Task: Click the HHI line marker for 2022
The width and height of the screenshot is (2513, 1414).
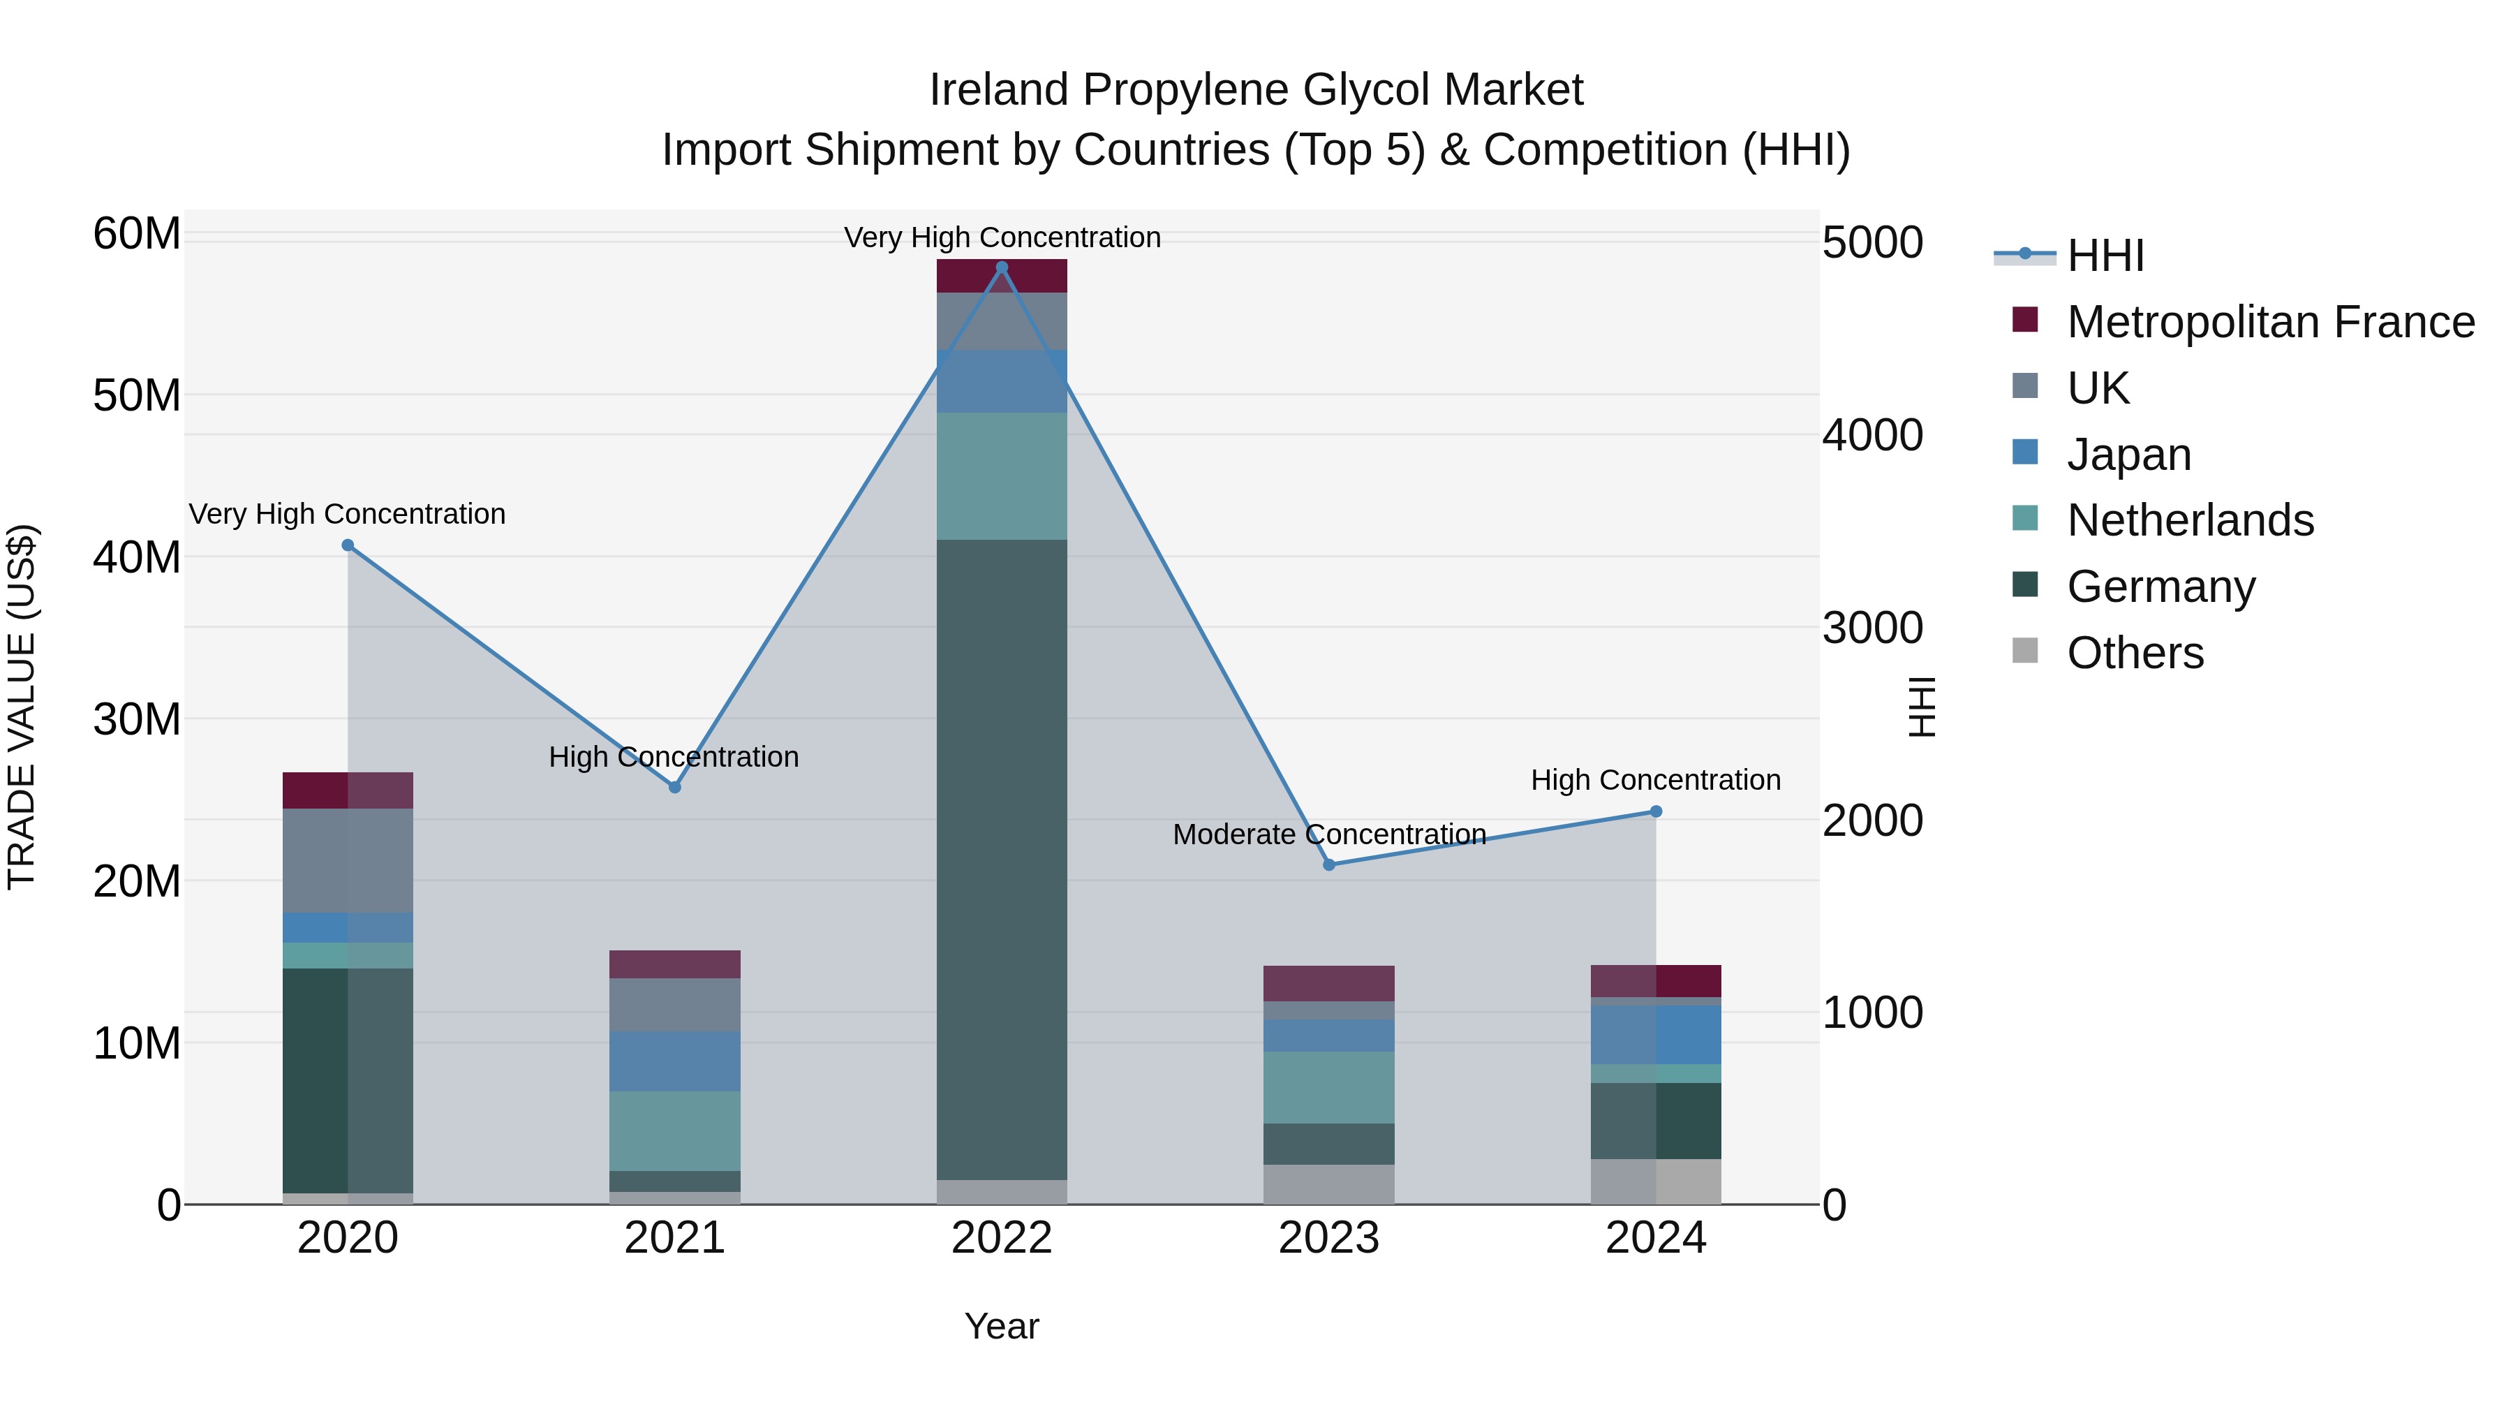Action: point(1001,267)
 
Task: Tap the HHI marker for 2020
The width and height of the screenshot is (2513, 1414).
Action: point(348,545)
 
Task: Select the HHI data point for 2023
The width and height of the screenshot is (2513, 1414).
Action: point(1328,864)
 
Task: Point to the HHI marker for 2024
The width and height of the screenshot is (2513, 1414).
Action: point(1656,812)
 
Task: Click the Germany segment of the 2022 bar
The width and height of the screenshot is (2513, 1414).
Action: point(1001,859)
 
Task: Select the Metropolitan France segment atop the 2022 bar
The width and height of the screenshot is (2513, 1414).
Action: point(1001,276)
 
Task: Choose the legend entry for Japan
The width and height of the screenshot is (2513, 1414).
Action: point(2128,455)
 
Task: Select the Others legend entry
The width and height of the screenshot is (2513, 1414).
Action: point(2135,653)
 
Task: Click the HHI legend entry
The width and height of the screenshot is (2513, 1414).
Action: point(2105,256)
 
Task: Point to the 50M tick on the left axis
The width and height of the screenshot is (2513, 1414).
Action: point(137,396)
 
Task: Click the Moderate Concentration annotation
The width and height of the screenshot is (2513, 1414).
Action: point(1328,834)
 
